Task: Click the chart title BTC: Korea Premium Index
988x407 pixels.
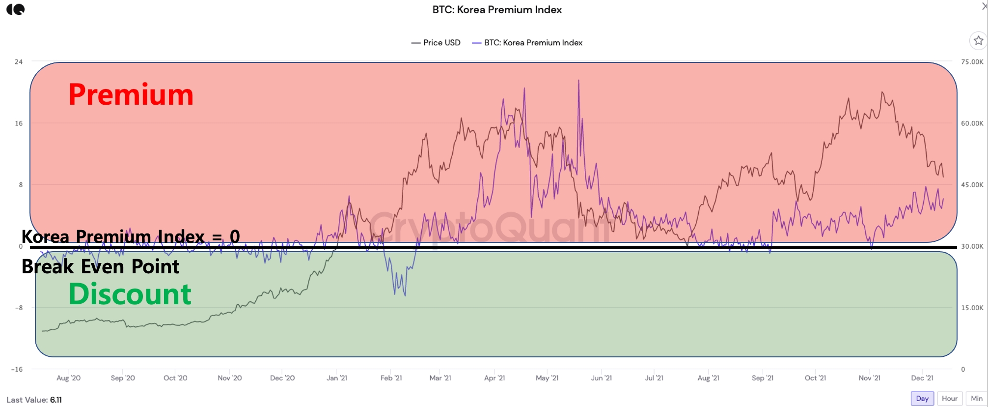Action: point(496,10)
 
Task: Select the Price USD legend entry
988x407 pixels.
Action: point(436,43)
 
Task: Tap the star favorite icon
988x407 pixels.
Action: point(978,41)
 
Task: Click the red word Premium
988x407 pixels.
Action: point(131,94)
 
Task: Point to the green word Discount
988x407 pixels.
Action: point(130,294)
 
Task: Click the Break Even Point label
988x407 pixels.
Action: point(100,266)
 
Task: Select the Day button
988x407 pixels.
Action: point(922,399)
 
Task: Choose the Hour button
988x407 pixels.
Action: point(949,399)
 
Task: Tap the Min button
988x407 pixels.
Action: point(976,399)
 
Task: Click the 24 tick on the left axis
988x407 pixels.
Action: point(19,62)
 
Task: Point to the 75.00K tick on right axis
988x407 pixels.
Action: point(972,62)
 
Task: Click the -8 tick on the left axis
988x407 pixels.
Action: point(19,308)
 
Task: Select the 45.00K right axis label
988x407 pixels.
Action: point(972,185)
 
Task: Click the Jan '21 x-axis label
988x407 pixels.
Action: point(336,378)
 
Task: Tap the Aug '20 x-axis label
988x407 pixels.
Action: point(68,378)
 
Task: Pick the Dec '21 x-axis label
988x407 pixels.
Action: point(922,378)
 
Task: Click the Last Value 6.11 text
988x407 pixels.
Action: point(34,400)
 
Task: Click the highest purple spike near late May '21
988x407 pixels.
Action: point(578,81)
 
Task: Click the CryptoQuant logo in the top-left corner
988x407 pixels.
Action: point(16,9)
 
